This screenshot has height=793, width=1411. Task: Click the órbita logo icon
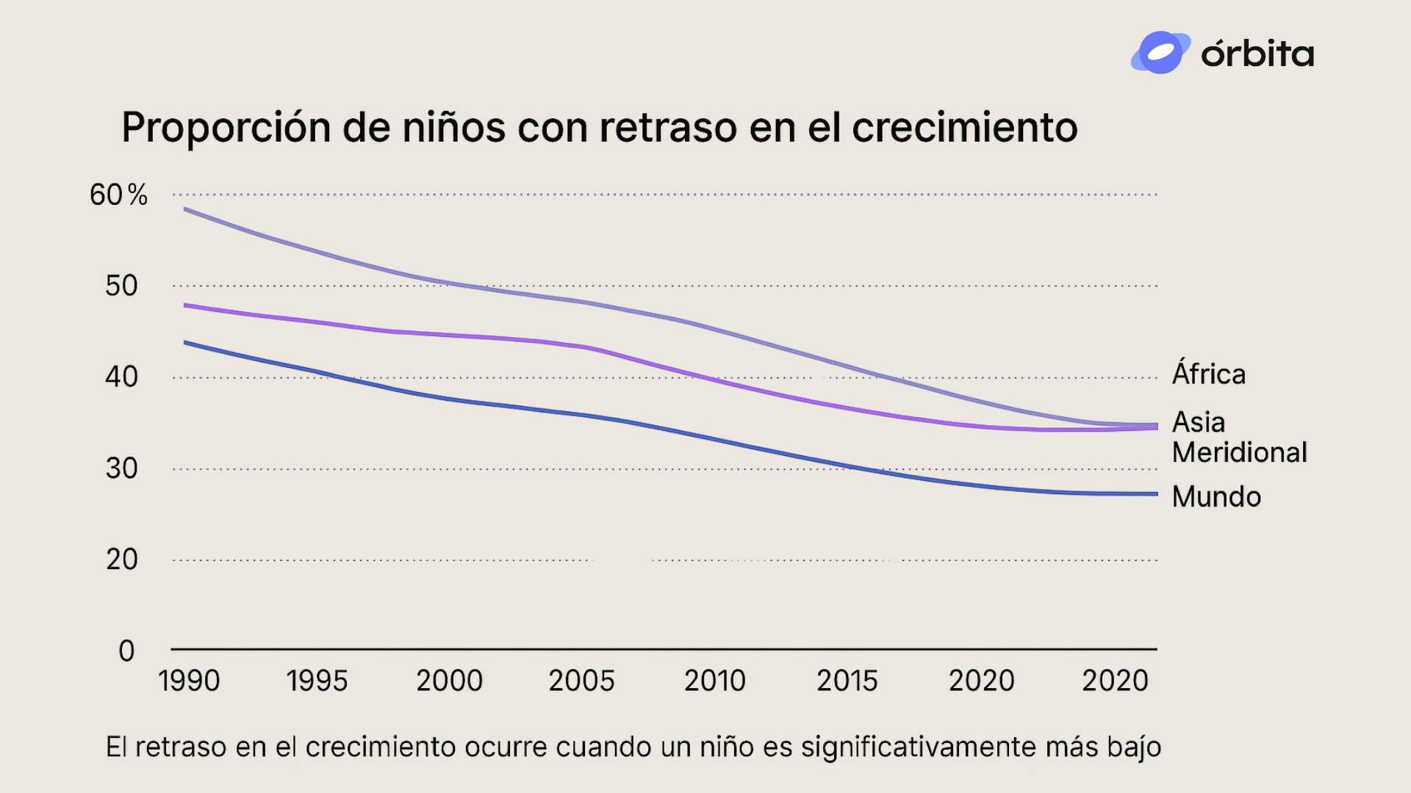[1160, 53]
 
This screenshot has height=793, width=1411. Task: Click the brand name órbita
[1257, 54]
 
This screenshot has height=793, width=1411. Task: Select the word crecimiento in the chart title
[964, 128]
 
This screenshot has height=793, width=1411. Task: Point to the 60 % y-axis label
[118, 195]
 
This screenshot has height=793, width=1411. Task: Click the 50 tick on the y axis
[121, 286]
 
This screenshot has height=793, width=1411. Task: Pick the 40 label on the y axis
[121, 377]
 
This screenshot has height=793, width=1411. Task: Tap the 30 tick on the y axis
[121, 468]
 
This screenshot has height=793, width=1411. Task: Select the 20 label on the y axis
[121, 560]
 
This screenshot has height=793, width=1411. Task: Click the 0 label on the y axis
[126, 651]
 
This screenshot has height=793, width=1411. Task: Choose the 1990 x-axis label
[189, 681]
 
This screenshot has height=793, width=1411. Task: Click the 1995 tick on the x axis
[317, 681]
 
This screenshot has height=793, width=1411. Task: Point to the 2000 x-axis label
[449, 681]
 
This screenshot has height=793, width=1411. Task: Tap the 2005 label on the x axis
[581, 681]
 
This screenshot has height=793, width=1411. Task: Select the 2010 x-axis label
[714, 681]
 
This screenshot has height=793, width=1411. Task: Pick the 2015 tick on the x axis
[847, 681]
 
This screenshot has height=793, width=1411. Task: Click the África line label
[1209, 374]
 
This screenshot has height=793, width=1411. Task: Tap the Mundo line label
[1216, 497]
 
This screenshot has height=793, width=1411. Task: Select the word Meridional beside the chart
[1240, 452]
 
